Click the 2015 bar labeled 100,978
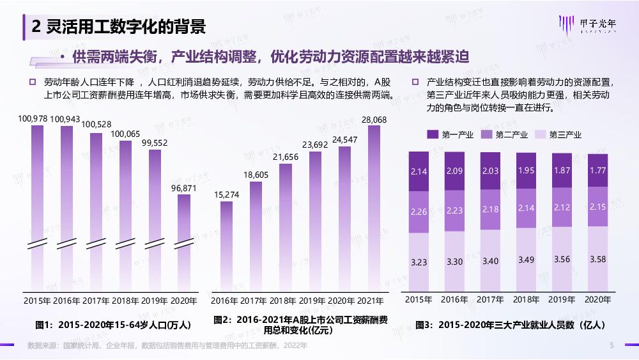click(x=37, y=205)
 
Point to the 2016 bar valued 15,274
click(x=226, y=246)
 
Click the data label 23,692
click(x=315, y=145)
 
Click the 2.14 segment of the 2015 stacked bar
click(x=419, y=172)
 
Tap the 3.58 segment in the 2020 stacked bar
click(x=598, y=259)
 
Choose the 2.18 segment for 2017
click(x=490, y=210)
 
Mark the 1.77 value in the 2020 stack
click(x=598, y=170)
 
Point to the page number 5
click(x=611, y=345)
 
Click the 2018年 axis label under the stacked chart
click(x=527, y=299)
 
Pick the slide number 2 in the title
click(x=36, y=26)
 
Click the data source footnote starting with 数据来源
click(x=167, y=345)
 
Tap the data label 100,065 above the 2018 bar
click(x=125, y=134)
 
